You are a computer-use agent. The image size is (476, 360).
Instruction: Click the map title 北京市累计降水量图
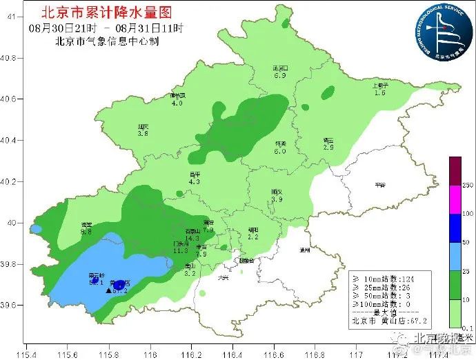point(106,12)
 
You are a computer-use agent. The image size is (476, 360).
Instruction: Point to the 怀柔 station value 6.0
point(280,150)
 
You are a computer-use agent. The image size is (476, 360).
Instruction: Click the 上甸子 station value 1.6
point(379,92)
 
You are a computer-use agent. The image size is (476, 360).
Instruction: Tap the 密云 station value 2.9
point(328,148)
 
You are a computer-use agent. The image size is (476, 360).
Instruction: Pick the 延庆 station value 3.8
point(143,134)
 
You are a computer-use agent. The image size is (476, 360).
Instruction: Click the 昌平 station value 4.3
point(195,182)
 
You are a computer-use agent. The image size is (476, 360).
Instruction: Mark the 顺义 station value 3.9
point(277,199)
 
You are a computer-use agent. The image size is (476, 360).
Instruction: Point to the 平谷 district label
point(379,185)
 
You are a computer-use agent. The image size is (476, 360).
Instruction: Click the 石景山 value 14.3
point(192,238)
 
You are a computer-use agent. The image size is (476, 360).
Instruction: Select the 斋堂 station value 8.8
point(86,232)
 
